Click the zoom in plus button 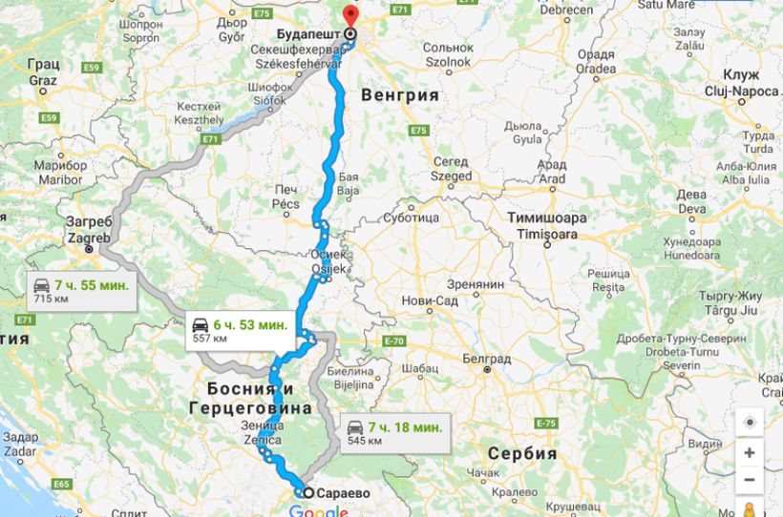(750, 452)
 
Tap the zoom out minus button (750, 480)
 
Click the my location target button (750, 422)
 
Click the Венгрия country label (400, 96)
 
